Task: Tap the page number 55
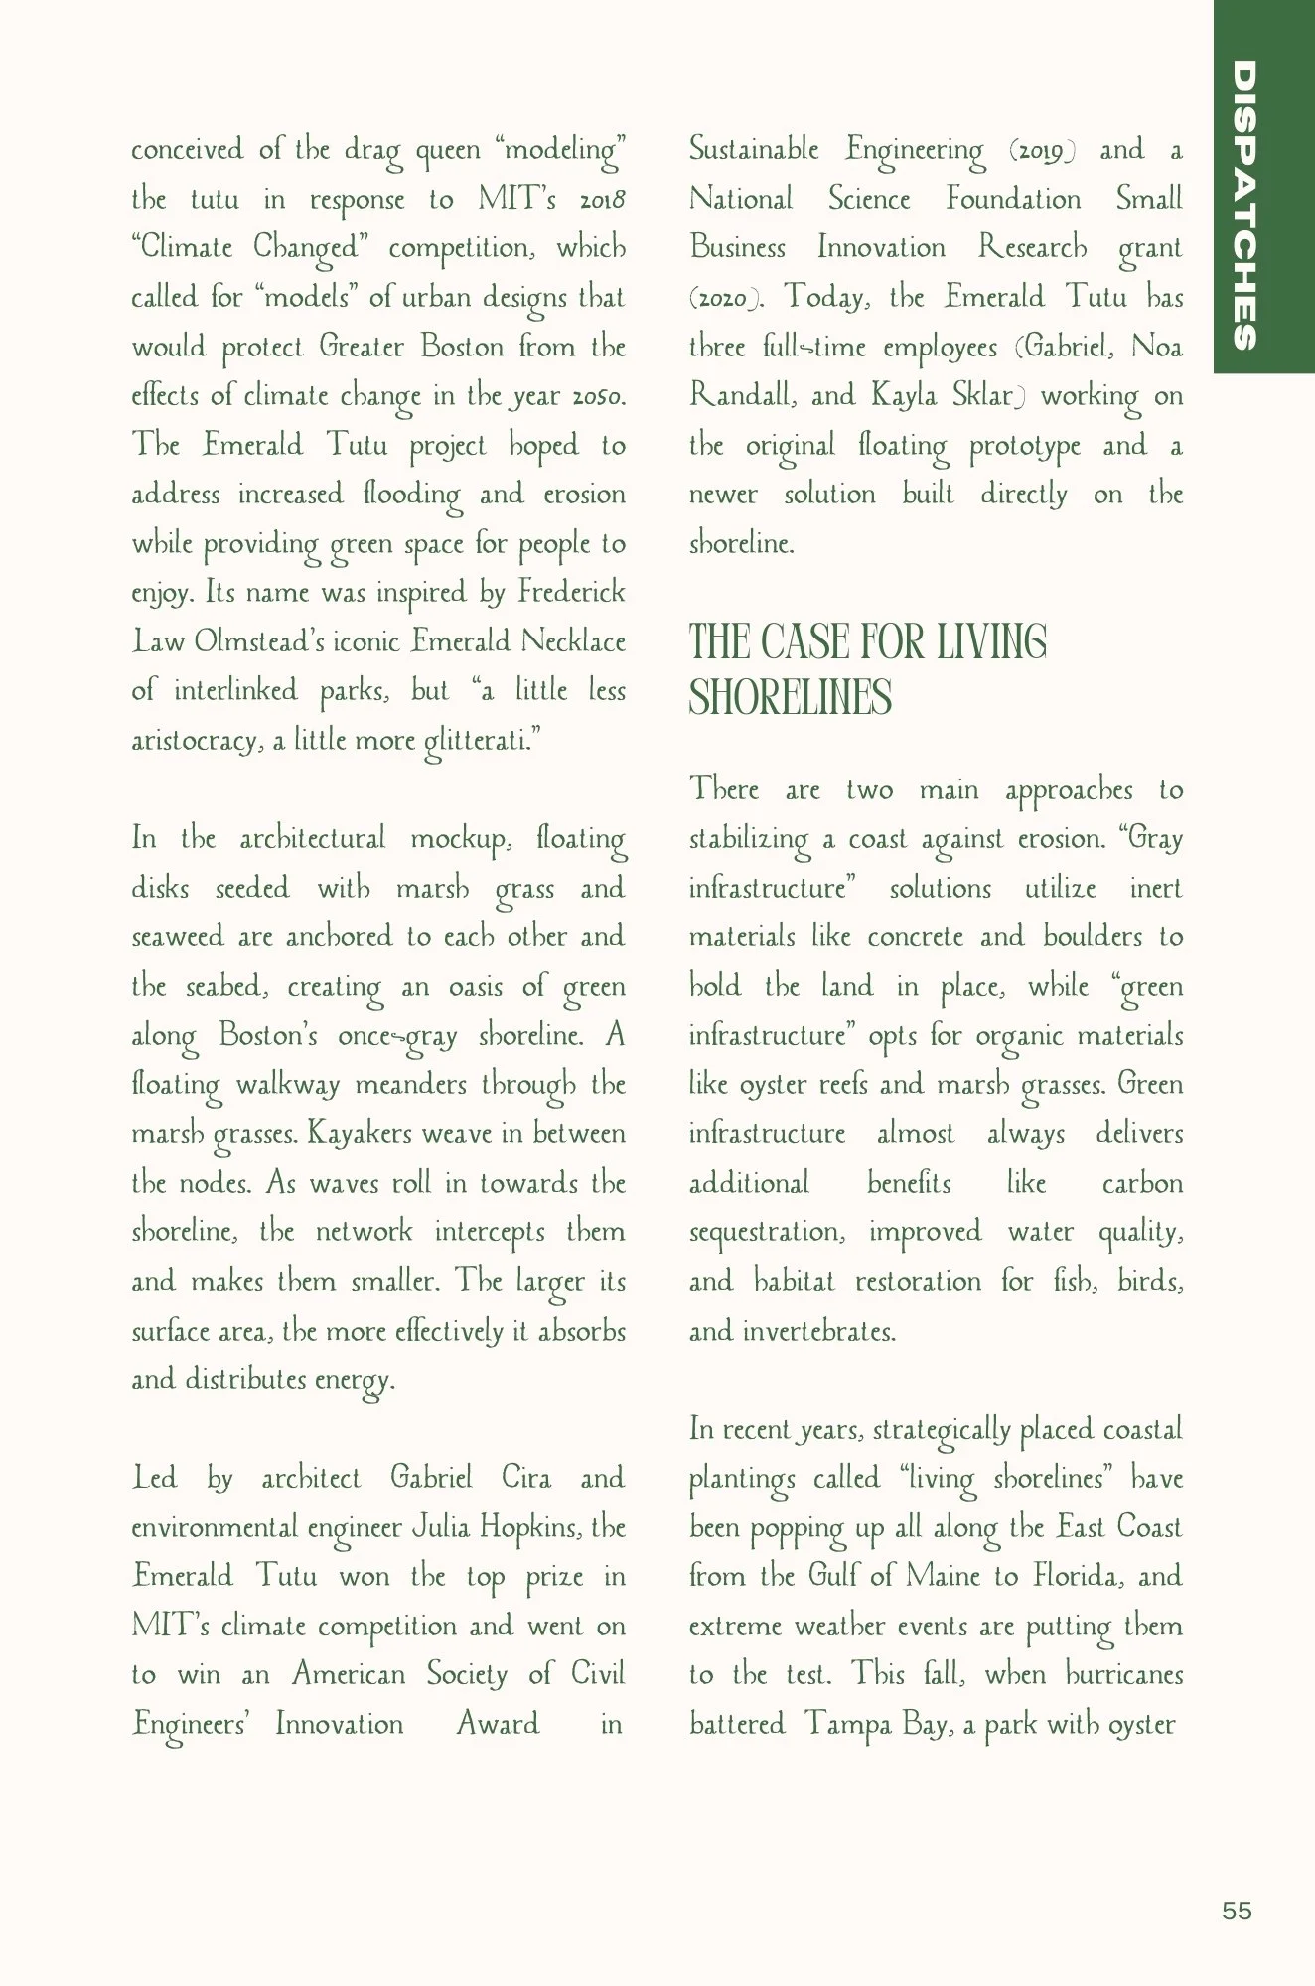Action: (x=1237, y=1911)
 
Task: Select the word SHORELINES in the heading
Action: (x=791, y=697)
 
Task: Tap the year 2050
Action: (x=598, y=396)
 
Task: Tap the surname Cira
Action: (x=526, y=1477)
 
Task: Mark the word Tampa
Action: (x=848, y=1724)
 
